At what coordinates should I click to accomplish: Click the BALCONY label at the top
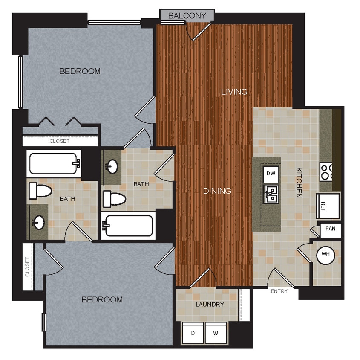click(187, 16)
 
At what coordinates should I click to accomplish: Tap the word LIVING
click(234, 92)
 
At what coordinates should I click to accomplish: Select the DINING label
click(217, 191)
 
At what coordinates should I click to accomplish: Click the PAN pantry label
click(330, 229)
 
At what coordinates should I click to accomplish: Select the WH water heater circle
click(326, 255)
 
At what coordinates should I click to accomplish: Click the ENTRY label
click(279, 291)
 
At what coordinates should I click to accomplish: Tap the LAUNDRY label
click(210, 304)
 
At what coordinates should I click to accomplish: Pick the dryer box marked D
click(193, 333)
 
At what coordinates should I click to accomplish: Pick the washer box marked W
click(216, 333)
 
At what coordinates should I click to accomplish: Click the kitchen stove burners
click(327, 171)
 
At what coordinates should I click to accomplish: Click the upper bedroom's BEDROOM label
click(80, 71)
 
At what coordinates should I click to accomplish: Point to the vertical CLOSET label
click(28, 267)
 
